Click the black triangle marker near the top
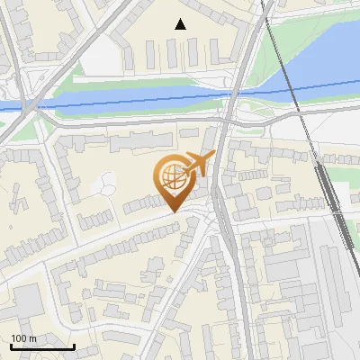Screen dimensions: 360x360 [181, 24]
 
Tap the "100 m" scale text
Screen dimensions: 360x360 [23, 338]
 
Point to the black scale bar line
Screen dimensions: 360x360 [42, 346]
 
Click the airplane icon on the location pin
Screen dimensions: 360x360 [198, 165]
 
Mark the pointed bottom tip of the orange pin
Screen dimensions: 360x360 [173, 212]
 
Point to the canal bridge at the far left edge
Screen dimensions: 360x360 [27, 106]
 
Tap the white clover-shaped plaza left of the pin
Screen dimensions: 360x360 [106, 184]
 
